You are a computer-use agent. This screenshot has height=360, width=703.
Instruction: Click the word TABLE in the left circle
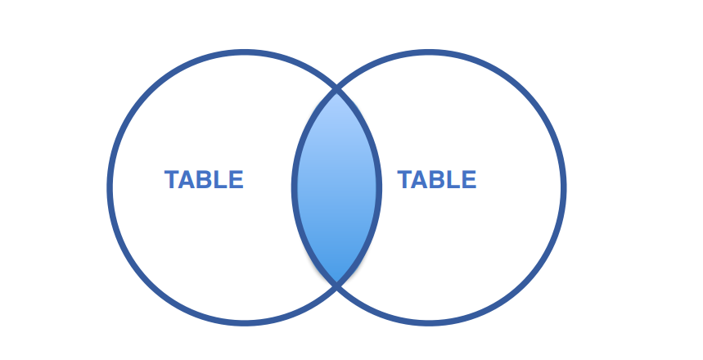pos(204,180)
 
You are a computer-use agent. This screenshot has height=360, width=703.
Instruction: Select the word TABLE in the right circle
pos(436,180)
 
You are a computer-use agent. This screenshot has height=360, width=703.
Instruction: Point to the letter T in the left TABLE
pos(173,180)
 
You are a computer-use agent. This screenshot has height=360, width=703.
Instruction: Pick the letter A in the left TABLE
pos(188,180)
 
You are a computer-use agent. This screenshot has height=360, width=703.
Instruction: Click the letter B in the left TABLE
pos(205,180)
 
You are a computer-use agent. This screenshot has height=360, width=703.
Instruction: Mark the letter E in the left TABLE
pos(236,180)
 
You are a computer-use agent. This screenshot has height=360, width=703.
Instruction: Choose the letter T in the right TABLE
pos(405,180)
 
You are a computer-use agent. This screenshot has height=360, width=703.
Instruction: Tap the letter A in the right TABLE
pos(421,180)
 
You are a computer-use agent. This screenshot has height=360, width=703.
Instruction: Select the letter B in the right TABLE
pos(437,180)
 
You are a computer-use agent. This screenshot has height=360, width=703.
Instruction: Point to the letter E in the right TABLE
pos(468,180)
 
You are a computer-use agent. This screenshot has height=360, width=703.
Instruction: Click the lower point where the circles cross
pos(336,284)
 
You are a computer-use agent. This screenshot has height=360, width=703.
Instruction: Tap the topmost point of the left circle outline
pos(244,53)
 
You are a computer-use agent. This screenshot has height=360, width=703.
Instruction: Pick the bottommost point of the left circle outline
pos(244,322)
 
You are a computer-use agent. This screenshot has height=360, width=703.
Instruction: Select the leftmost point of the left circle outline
pos(110,187)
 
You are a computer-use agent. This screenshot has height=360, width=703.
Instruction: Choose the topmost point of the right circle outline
pos(429,53)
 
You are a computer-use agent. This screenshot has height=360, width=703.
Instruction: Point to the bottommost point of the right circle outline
pos(429,322)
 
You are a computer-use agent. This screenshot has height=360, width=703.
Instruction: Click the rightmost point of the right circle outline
pos(564,187)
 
